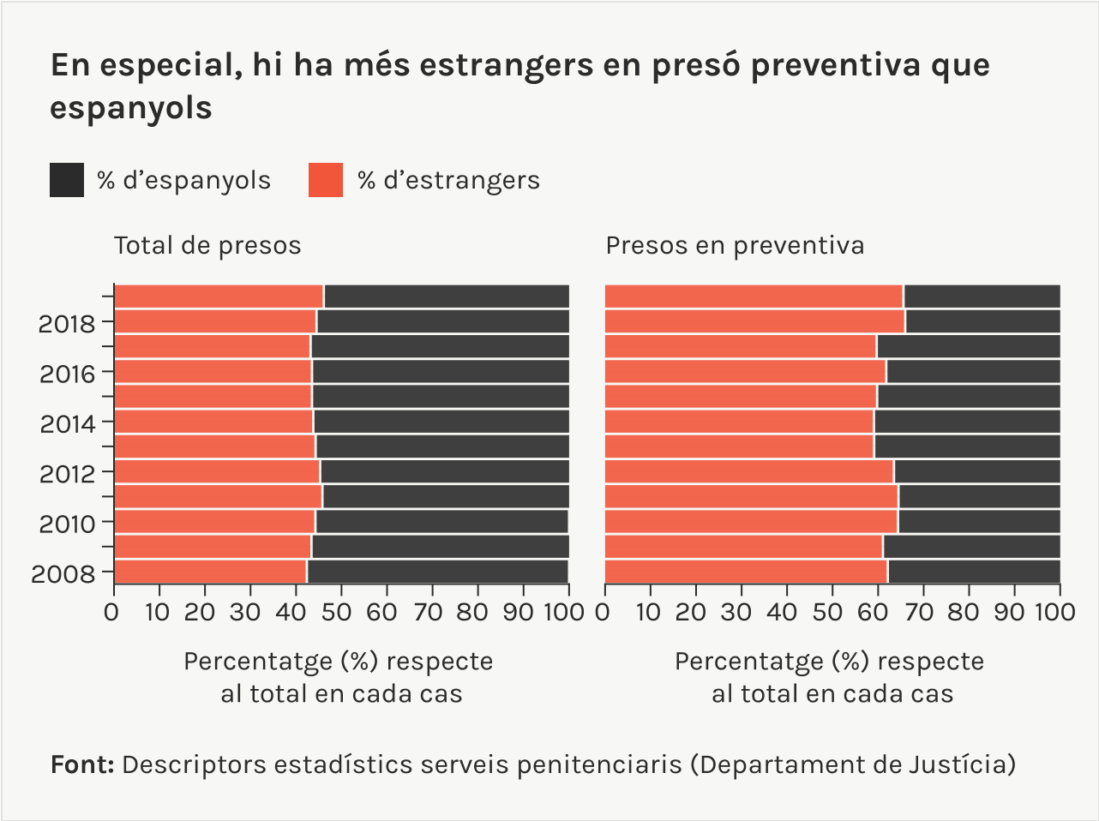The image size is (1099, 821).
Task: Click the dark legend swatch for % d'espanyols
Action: coord(67,180)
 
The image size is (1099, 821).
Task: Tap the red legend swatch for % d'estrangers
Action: coord(326,180)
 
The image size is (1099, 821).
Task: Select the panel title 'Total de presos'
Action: coord(207,246)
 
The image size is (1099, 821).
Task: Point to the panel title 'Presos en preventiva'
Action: coord(735,246)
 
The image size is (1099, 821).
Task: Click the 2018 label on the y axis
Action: coord(67,324)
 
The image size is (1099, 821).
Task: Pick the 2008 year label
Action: coord(63,574)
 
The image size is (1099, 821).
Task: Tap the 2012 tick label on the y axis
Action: coord(67,474)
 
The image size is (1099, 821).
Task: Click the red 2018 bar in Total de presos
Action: coord(215,321)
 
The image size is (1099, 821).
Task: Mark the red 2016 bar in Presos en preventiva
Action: coord(745,371)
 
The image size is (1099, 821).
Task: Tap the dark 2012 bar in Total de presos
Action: coord(444,471)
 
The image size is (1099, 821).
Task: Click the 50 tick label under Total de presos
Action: coord(340,612)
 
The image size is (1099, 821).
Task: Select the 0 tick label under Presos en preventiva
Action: coord(603,612)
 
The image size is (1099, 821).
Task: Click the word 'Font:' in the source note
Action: coord(82,764)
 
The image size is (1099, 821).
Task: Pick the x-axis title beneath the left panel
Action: coord(339,677)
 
